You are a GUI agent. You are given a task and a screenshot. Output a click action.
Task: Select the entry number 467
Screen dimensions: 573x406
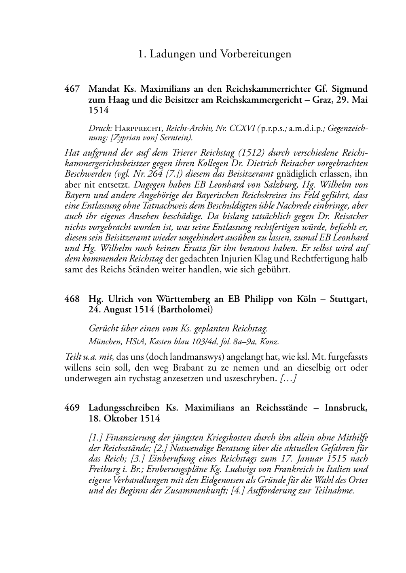(72, 89)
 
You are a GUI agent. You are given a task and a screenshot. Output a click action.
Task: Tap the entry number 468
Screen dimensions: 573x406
(72, 299)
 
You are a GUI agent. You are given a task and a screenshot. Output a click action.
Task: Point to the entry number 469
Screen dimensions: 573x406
(72, 407)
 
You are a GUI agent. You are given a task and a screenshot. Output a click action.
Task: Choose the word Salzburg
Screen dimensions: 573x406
(260, 185)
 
